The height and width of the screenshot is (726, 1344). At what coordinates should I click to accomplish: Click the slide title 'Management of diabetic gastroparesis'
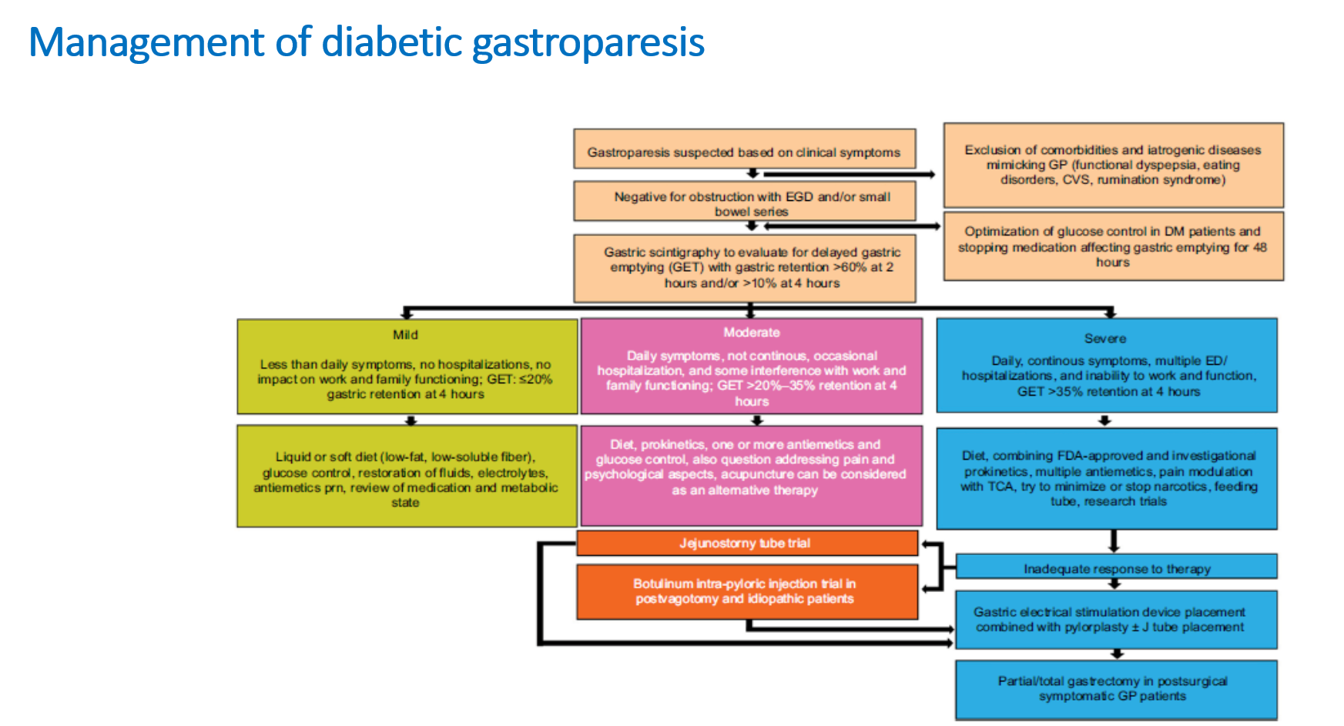point(367,42)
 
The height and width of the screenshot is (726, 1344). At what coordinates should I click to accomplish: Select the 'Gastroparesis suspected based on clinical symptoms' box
point(744,152)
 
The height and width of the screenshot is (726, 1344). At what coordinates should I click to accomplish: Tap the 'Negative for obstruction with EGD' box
point(744,202)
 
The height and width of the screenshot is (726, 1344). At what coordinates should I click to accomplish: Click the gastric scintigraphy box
point(744,267)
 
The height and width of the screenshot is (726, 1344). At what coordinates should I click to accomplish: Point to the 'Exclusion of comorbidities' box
point(1113,165)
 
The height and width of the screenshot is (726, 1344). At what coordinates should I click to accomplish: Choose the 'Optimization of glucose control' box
point(1113,246)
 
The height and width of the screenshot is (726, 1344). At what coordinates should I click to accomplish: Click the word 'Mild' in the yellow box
point(406,335)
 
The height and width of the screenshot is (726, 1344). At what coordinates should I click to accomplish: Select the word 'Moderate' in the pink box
point(752,333)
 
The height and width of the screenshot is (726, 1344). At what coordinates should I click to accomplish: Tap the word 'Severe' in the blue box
point(1105,339)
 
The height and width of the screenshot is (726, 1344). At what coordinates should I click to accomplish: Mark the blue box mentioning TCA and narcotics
point(1107,478)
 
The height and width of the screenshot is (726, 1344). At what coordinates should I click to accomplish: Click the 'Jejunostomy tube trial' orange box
point(746,544)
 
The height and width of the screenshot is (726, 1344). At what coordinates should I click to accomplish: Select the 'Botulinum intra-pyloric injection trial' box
point(746,591)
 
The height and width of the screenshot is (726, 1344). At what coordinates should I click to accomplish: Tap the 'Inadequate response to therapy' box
point(1117,568)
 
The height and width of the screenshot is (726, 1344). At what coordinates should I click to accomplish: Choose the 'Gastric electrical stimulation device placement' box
point(1115,620)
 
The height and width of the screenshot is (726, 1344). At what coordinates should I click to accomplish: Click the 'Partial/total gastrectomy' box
point(1115,689)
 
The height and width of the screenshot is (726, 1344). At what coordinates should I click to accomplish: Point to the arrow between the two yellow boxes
point(411,420)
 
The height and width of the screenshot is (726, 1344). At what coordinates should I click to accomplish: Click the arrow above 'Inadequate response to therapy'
point(1114,541)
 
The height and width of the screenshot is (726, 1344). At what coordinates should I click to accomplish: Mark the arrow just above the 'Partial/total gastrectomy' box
point(1117,654)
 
